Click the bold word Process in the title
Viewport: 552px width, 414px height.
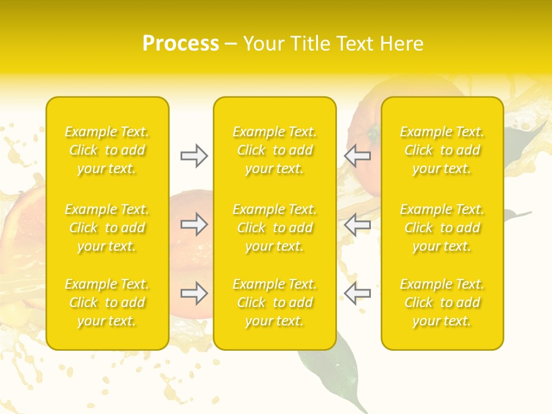[181, 44]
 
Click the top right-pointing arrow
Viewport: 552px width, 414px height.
[194, 156]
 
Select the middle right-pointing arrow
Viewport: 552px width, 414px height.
[194, 224]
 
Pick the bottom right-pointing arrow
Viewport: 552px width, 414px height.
[194, 293]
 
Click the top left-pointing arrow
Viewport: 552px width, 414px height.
[357, 156]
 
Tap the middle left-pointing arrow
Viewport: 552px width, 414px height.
[357, 224]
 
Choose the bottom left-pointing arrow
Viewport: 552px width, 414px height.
[357, 293]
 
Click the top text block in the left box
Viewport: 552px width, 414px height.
[107, 150]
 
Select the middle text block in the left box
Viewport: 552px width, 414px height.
[107, 228]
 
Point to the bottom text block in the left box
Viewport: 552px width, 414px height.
[107, 302]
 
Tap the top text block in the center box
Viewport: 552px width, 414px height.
[275, 150]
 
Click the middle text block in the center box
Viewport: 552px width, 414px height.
[275, 228]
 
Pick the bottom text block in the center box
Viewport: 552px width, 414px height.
[275, 302]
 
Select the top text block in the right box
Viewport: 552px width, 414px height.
[442, 150]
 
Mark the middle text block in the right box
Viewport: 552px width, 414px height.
[442, 228]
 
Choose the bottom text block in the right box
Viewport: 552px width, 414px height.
[442, 302]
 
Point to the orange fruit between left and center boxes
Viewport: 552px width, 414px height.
[193, 253]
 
